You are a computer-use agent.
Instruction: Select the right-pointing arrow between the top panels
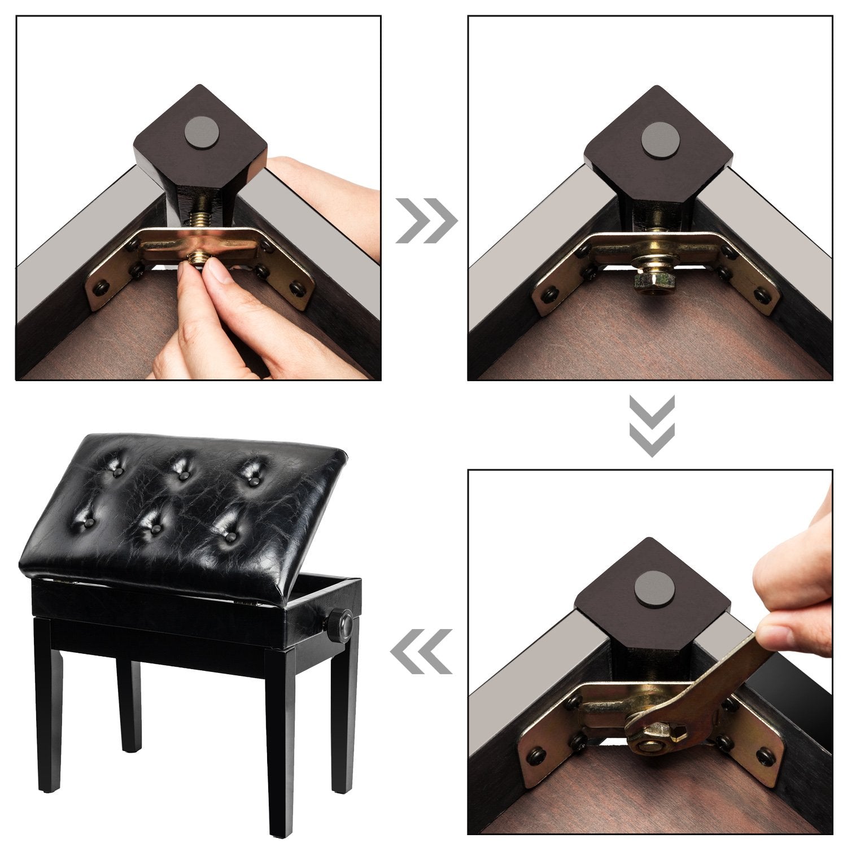426,220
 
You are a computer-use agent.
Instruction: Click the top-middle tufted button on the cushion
182,473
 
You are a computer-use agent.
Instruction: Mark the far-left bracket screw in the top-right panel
547,295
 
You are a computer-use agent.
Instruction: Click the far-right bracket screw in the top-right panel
763,294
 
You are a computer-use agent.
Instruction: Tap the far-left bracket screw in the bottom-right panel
534,753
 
